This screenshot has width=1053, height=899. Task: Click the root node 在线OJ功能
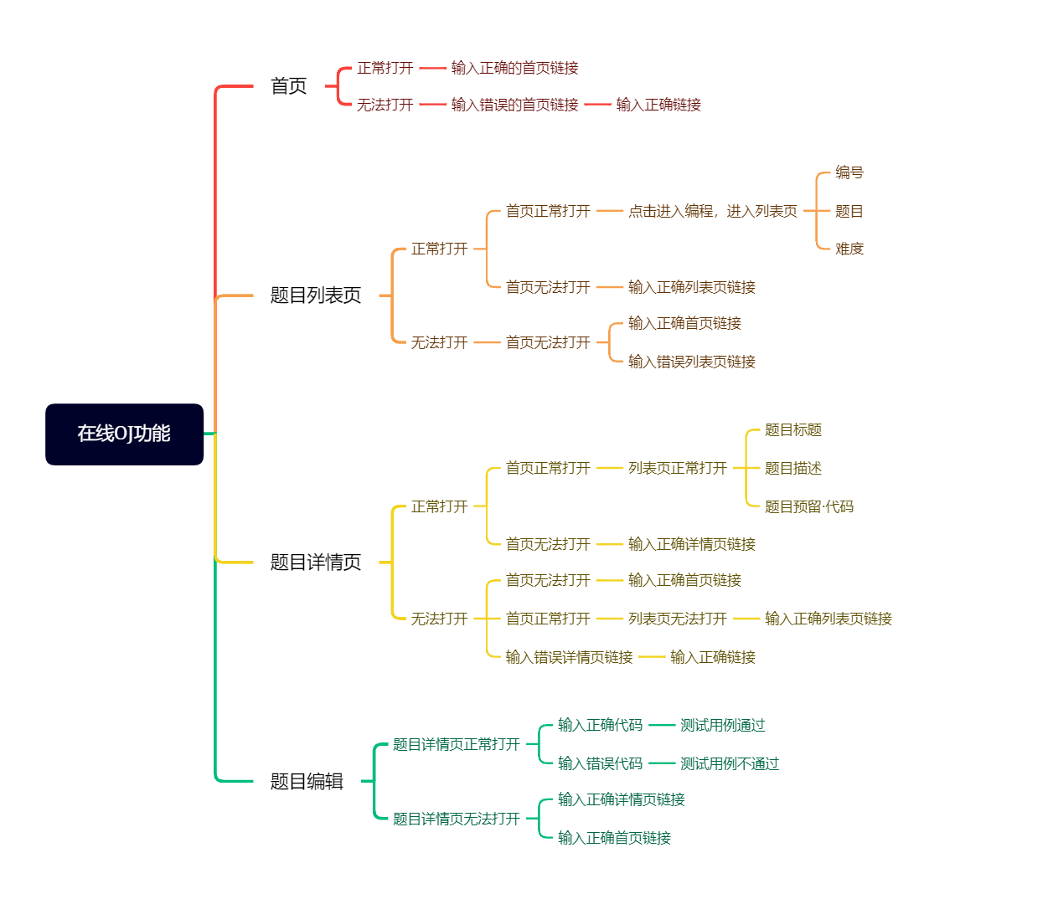coord(124,434)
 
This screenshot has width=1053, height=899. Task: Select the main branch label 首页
coord(288,86)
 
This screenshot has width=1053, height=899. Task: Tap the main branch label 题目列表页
coord(315,295)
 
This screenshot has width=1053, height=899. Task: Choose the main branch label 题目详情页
coord(315,563)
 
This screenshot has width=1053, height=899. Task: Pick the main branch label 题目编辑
coord(307,782)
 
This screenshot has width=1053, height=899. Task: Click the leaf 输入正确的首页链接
coord(514,68)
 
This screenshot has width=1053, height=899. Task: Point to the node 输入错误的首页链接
coord(514,105)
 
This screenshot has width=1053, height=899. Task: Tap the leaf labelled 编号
coord(849,172)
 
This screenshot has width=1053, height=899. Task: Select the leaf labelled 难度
coord(849,249)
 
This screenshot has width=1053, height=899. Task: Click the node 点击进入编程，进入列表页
coord(712,211)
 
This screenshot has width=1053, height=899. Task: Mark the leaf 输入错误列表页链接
coord(691,362)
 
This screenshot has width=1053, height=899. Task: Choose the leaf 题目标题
coord(792,430)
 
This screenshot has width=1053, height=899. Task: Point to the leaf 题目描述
coord(792,468)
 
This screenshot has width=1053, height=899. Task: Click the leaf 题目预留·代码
coord(808,506)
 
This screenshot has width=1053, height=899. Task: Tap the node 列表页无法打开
coord(677,619)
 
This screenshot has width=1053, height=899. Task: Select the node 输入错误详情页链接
coord(569,657)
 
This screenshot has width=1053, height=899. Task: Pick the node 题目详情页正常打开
coord(456,744)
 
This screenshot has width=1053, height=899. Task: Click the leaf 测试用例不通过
coord(729,763)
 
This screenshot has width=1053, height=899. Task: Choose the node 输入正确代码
coord(600,725)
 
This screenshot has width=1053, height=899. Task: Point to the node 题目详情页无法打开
coord(456,819)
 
